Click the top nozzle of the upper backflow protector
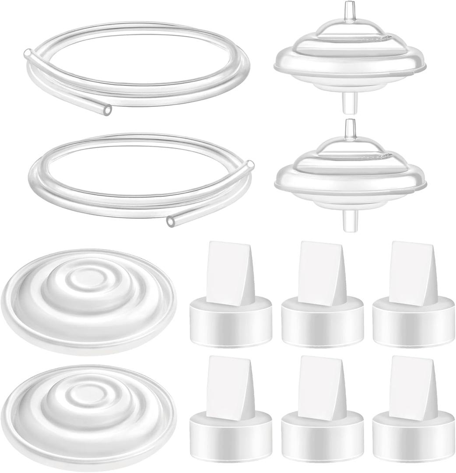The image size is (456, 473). pyautogui.click(x=349, y=9)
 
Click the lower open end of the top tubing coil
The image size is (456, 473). pyautogui.click(x=106, y=109)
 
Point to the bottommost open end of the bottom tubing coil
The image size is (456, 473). pyautogui.click(x=170, y=222)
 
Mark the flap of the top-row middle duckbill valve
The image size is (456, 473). pyautogui.click(x=319, y=272)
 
